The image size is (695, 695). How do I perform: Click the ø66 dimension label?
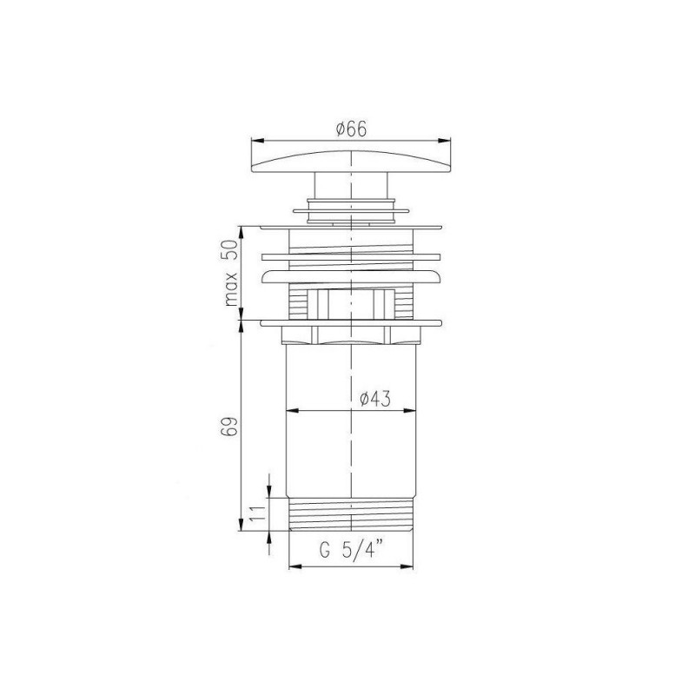coord(352,129)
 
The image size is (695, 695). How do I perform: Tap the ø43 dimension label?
coord(375,399)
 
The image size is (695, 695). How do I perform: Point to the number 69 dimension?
coord(229,427)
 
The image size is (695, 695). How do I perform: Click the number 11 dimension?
coord(257,513)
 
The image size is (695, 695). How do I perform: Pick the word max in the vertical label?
coord(231,289)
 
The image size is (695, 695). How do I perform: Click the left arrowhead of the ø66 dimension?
coord(257,141)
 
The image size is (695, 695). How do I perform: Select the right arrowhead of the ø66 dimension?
coord(444,141)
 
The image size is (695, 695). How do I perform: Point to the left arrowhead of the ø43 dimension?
coord(292,411)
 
